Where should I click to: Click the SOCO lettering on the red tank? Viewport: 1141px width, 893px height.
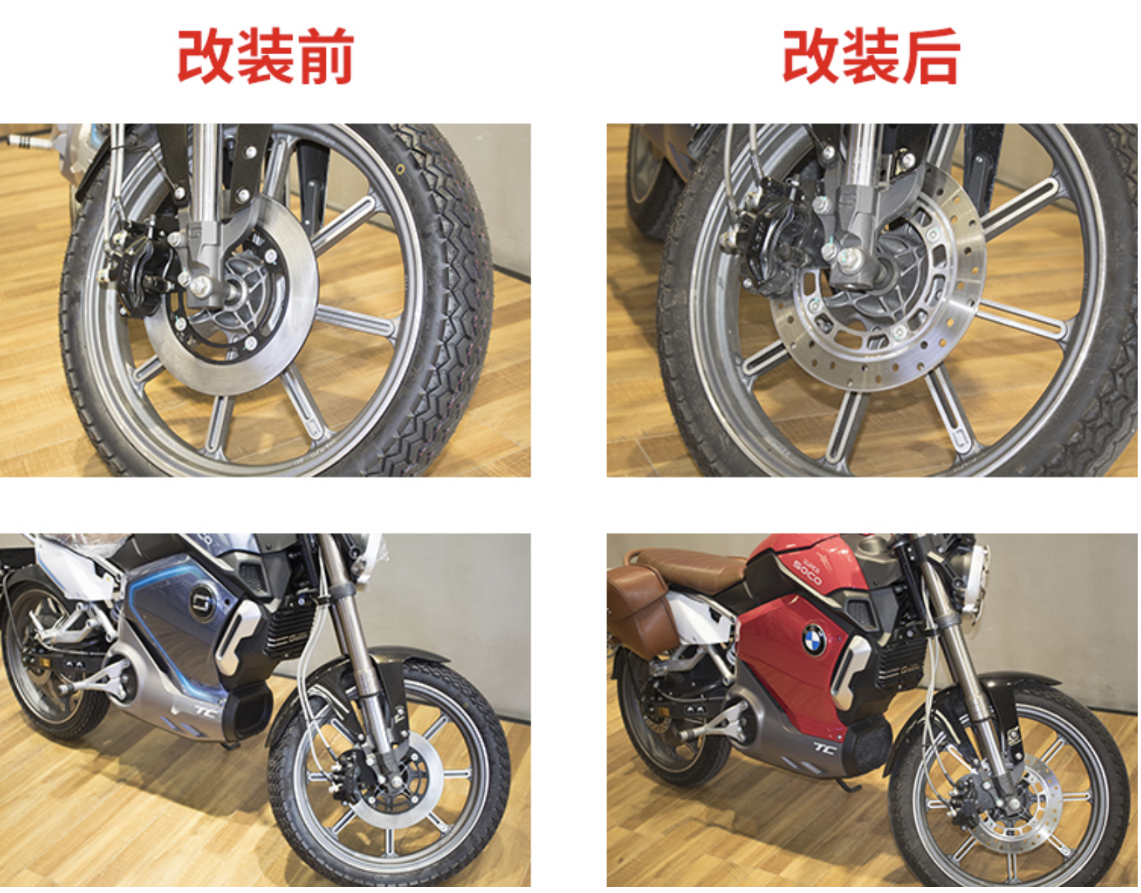807,570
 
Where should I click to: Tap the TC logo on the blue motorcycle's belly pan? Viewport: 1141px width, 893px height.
205,712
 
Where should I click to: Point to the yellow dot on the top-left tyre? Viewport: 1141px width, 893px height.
400,170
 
